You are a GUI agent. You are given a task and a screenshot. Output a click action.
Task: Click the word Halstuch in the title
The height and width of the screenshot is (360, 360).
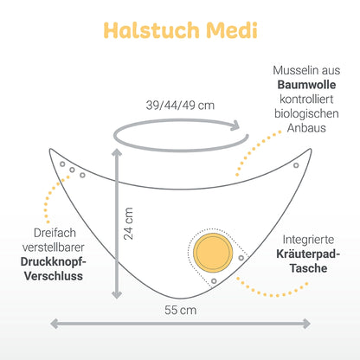[151, 30]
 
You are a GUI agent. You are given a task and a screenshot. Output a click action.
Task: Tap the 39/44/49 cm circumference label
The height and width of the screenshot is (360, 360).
[180, 105]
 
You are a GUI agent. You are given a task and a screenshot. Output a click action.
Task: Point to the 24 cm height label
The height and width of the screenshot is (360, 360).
[128, 223]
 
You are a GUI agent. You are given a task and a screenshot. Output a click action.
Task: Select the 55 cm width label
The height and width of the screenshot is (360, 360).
[181, 310]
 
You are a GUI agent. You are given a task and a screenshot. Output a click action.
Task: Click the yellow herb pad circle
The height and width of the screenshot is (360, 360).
[213, 253]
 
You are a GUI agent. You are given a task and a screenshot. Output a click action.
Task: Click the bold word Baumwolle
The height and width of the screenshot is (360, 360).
[306, 85]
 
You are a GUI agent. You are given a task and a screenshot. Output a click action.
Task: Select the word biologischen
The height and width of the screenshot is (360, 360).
[306, 113]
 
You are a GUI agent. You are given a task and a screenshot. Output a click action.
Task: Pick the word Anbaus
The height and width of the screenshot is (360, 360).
[306, 128]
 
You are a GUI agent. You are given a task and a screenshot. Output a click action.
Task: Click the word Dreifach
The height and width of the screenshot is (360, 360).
[55, 233]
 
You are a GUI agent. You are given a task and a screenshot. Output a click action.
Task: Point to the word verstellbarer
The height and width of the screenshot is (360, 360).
[54, 247]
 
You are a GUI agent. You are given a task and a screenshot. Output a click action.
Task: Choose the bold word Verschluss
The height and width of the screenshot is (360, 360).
[54, 276]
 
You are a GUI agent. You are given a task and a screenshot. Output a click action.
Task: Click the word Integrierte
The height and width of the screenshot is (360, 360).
[308, 240]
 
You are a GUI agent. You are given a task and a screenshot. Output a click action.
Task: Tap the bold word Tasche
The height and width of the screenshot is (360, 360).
[308, 268]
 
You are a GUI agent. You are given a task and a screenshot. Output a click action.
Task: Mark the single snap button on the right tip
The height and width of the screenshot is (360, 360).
[296, 165]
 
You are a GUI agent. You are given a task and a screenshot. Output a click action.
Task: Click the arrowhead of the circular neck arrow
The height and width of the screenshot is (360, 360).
[235, 125]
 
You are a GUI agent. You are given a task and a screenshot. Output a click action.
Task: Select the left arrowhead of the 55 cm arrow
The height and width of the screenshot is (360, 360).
[55, 324]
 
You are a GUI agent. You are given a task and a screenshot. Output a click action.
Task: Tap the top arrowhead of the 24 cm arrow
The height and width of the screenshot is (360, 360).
[117, 153]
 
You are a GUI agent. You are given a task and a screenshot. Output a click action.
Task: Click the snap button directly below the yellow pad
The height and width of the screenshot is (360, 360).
[214, 280]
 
